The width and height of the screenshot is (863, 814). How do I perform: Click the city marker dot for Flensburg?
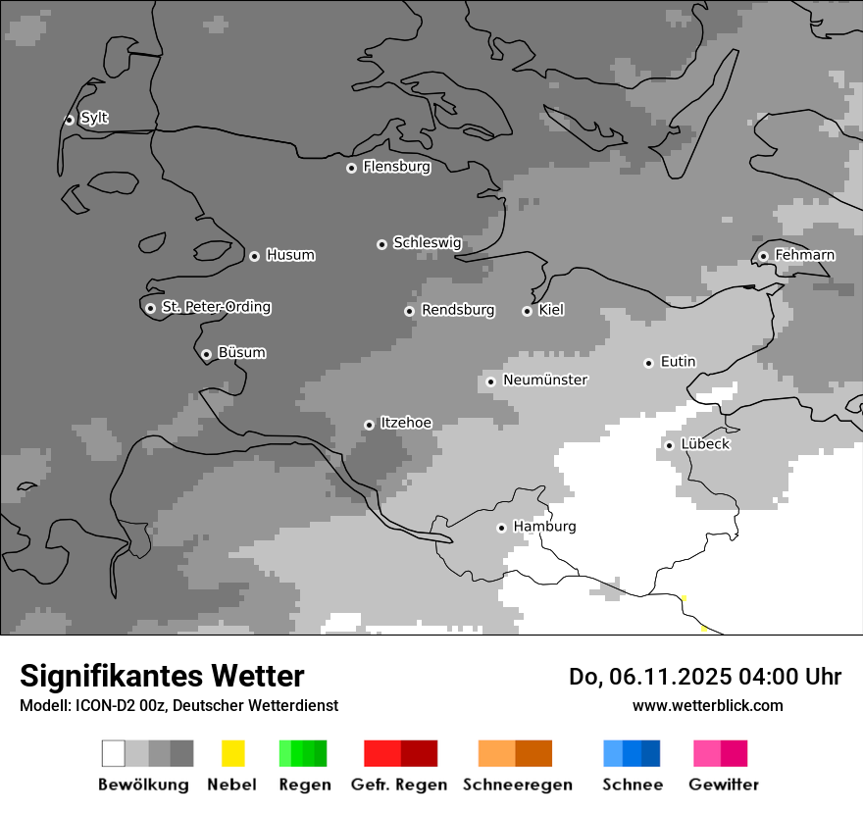click(x=351, y=168)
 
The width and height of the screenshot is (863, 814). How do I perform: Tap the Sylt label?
click(x=94, y=119)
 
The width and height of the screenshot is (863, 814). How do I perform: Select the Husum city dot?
click(x=254, y=256)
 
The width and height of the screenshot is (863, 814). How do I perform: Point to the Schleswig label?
click(x=427, y=243)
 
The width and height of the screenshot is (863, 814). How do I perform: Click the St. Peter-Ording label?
click(x=216, y=307)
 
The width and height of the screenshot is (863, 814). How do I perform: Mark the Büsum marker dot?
click(x=206, y=355)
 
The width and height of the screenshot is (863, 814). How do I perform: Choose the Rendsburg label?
click(x=458, y=310)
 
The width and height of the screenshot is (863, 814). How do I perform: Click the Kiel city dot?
click(x=527, y=311)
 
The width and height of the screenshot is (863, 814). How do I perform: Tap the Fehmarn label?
click(x=804, y=255)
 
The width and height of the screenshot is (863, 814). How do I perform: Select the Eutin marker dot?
click(x=648, y=363)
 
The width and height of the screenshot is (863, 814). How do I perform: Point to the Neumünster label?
click(x=545, y=380)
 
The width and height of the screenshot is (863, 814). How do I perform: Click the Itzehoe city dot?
click(x=369, y=425)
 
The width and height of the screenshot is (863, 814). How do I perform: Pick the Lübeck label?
click(x=705, y=444)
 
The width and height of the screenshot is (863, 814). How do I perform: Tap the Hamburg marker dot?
click(x=501, y=528)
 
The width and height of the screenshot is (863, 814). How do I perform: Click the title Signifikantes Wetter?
click(x=162, y=676)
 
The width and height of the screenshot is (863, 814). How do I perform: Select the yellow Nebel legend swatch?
click(x=232, y=753)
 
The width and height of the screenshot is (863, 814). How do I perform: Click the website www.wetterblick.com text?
click(x=707, y=705)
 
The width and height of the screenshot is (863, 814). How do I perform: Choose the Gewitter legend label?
click(x=724, y=785)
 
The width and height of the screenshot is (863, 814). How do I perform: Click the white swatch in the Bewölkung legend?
click(x=114, y=753)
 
